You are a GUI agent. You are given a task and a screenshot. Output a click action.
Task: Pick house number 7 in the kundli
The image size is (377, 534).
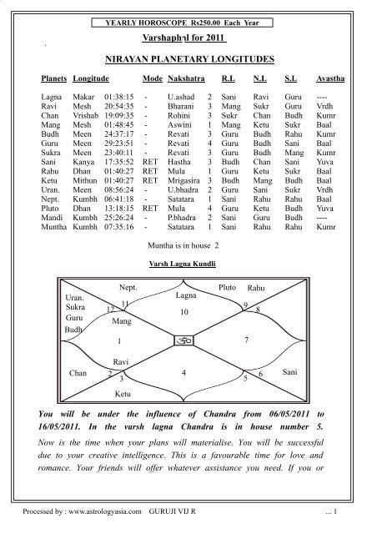[244, 341]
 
